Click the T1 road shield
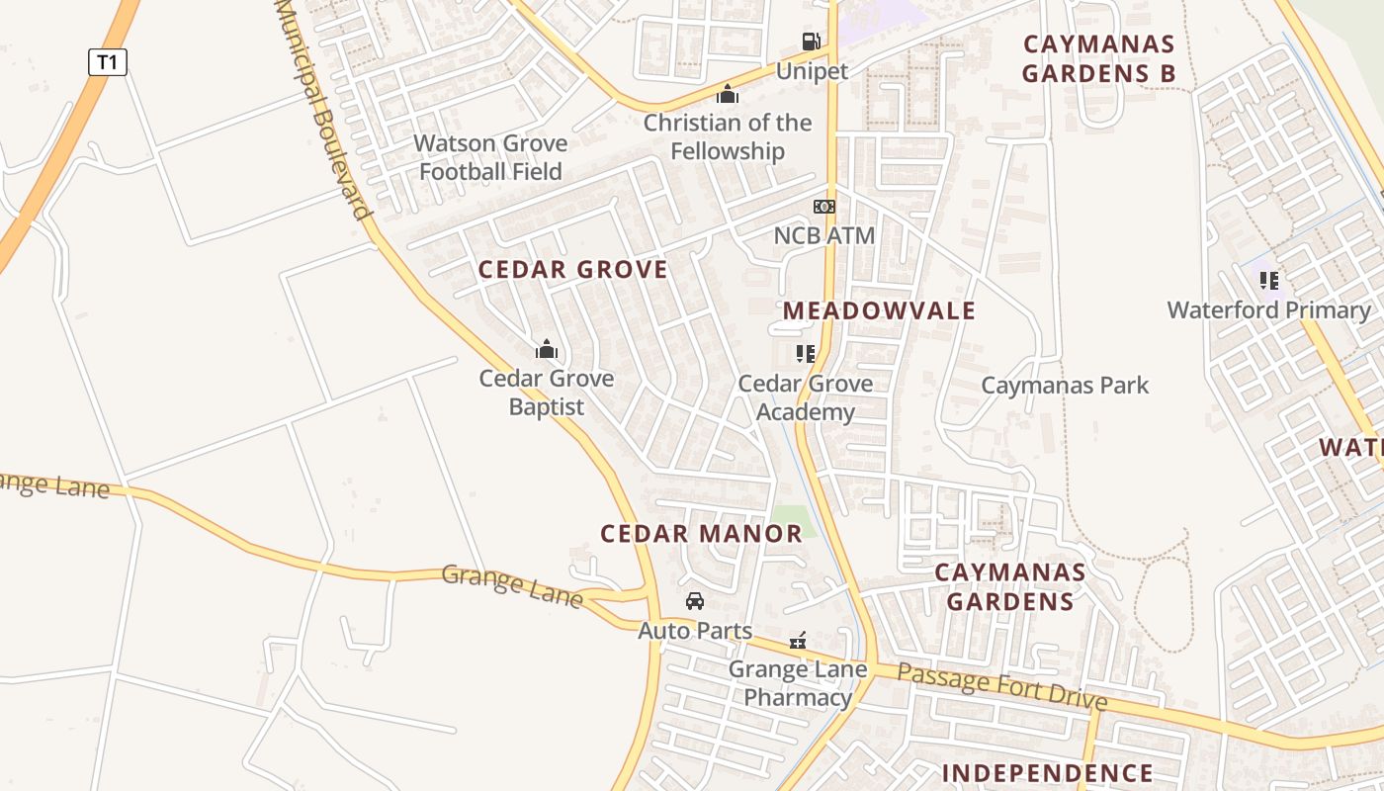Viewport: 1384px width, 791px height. coord(108,62)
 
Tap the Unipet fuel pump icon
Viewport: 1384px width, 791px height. coord(811,42)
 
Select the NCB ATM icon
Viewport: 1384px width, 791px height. coord(823,207)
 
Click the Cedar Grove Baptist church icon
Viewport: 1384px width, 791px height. coord(547,349)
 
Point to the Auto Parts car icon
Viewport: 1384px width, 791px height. coord(695,601)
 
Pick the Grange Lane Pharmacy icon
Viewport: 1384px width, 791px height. coord(798,641)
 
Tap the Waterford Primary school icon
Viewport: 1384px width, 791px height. coord(1269,281)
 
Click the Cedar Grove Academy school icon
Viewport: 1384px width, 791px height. coord(806,353)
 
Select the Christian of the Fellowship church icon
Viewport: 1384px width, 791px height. coord(728,94)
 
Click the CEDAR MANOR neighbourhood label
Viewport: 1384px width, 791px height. coord(702,534)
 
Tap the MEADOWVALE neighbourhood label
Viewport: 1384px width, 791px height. coord(879,310)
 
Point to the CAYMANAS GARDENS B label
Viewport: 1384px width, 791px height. coord(1098,58)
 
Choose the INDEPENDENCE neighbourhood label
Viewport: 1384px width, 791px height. coord(1047,773)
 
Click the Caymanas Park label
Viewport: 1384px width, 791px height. coord(1065,385)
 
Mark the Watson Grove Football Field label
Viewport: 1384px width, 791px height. coord(490,157)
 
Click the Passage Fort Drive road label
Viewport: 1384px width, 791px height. coord(1002,687)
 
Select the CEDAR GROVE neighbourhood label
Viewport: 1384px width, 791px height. coord(573,269)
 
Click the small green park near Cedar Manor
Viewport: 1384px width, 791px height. coord(793,520)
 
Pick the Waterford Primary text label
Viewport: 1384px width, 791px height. coord(1269,310)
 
